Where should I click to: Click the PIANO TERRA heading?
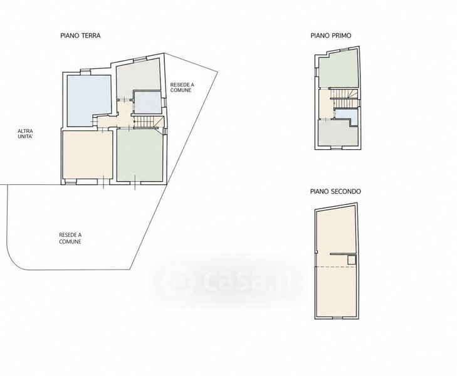[x=80, y=36]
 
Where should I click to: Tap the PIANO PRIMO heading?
[x=331, y=36]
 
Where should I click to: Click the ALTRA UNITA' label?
[x=25, y=133]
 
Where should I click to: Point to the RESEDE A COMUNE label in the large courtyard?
[x=70, y=238]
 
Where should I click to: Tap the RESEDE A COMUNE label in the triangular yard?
[x=182, y=87]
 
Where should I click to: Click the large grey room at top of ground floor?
[x=137, y=76]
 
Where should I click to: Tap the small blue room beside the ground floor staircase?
[x=148, y=103]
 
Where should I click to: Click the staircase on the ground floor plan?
[x=145, y=122]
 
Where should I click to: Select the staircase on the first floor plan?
[x=344, y=98]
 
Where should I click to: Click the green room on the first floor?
[x=338, y=70]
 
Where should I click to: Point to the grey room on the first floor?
[x=337, y=133]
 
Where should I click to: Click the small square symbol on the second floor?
[x=352, y=260]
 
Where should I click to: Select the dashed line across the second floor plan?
[x=337, y=267]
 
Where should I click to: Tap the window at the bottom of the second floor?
[x=338, y=318]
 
